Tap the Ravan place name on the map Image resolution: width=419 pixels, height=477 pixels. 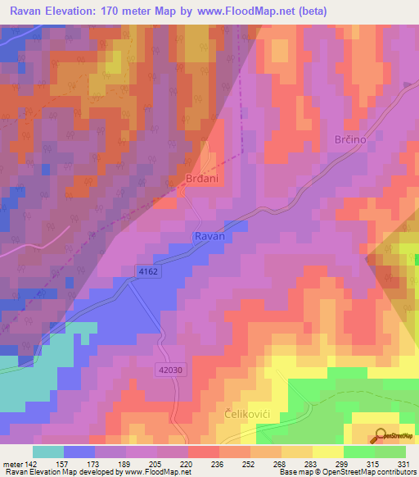209,236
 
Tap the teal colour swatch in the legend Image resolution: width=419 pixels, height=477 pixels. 48,452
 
